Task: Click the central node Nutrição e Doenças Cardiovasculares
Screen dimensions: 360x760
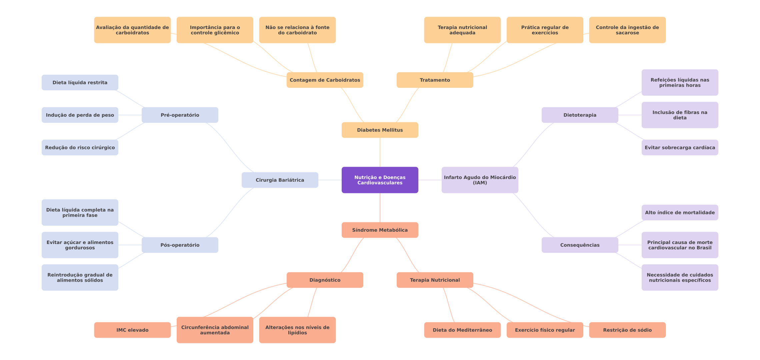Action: click(380, 180)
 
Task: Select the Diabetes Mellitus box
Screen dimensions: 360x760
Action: click(380, 130)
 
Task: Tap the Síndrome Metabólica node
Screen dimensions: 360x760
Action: click(380, 230)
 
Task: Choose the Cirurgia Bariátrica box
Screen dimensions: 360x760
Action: click(280, 180)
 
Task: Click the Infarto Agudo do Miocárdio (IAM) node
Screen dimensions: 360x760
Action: click(480, 180)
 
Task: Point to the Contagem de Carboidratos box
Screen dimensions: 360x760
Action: click(325, 80)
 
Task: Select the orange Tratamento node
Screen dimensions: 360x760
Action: click(435, 80)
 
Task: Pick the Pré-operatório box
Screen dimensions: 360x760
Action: click(180, 115)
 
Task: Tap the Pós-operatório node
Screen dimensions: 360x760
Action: click(180, 245)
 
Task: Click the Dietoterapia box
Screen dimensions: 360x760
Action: click(580, 115)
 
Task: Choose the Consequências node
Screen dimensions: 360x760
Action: click(580, 245)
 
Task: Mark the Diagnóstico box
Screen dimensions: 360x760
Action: click(325, 280)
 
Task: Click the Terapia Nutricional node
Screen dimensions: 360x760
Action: click(435, 280)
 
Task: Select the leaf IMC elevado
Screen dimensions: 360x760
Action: click(132, 330)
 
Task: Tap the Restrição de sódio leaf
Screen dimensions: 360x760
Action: click(627, 330)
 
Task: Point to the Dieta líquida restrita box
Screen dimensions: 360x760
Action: click(80, 83)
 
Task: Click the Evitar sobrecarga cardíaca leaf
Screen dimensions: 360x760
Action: click(680, 148)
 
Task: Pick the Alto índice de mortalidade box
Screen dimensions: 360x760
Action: click(680, 213)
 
